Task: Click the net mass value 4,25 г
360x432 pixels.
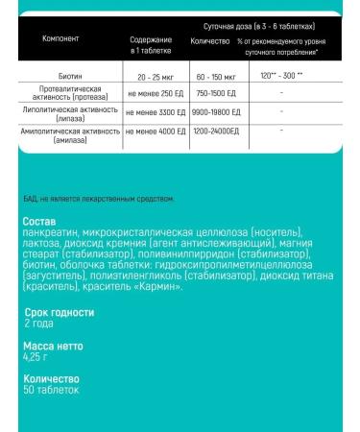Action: click(36, 357)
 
